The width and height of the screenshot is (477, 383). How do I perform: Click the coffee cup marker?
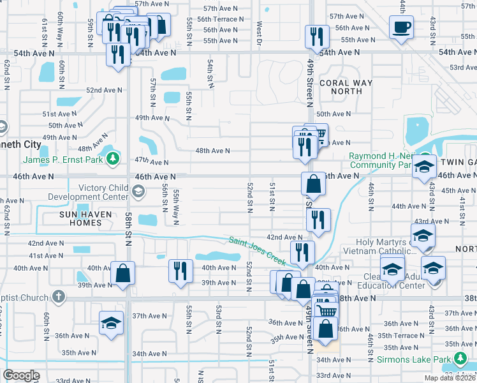coord(401,27)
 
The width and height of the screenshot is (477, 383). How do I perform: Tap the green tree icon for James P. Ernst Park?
coord(113,158)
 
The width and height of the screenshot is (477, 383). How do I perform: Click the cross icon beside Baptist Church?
coord(58,297)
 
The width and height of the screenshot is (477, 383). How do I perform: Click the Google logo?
coord(22,375)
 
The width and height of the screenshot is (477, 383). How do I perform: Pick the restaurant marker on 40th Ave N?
coord(180,270)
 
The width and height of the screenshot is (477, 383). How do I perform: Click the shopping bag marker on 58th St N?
coord(122,273)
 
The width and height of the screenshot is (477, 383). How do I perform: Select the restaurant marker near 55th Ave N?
coord(317,36)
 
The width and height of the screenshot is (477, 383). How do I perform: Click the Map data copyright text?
coord(450,378)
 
